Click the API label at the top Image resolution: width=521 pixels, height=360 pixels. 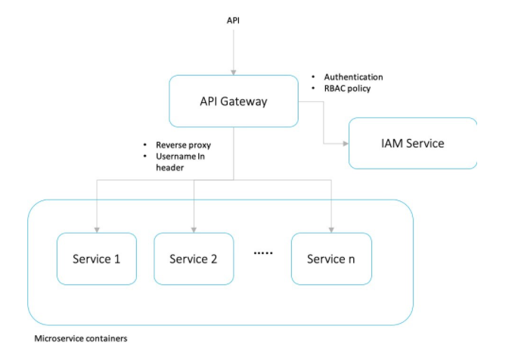[x=234, y=20]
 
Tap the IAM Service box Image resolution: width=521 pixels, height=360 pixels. [x=412, y=143]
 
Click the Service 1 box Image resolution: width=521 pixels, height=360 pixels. [x=97, y=259]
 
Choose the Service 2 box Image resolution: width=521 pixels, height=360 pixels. [x=194, y=259]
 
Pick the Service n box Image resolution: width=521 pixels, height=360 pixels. [x=331, y=259]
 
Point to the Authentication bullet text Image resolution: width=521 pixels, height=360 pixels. [x=353, y=77]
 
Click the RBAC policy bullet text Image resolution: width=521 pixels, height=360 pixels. [x=347, y=88]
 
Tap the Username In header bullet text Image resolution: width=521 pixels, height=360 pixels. [x=180, y=162]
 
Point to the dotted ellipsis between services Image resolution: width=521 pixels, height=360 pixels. [x=262, y=254]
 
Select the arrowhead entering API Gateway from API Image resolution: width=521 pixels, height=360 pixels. [x=233, y=73]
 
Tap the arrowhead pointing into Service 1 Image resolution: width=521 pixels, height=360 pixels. [x=98, y=229]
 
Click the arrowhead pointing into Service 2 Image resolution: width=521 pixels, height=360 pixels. [x=194, y=229]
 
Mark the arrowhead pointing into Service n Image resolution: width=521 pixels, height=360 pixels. [x=332, y=229]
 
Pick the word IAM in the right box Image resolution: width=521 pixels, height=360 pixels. [x=392, y=143]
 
